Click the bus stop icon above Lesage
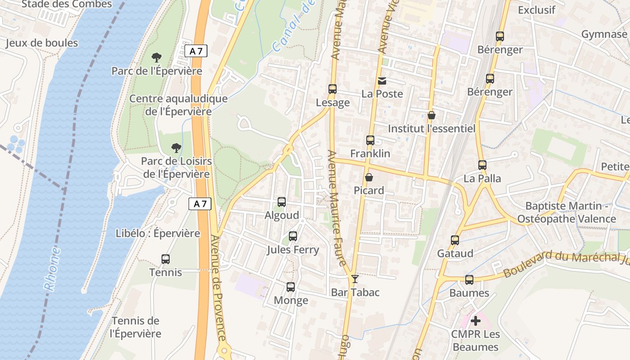tap(333, 89)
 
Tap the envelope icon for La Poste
tap(382, 81)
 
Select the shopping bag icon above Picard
tap(369, 177)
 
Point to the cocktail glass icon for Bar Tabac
tap(355, 279)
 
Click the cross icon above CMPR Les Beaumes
tap(476, 321)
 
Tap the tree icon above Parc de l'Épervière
tap(156, 58)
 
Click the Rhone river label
tap(53, 269)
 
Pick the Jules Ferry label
tap(293, 250)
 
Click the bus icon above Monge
tap(291, 287)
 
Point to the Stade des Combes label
tap(67, 4)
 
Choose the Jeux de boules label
tap(42, 43)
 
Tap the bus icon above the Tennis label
tap(166, 259)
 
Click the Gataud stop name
tap(455, 253)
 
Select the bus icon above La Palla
tap(482, 165)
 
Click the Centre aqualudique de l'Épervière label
tap(179, 105)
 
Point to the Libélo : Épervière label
tap(158, 234)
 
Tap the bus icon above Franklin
tap(370, 140)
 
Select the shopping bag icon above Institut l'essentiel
tap(432, 116)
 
